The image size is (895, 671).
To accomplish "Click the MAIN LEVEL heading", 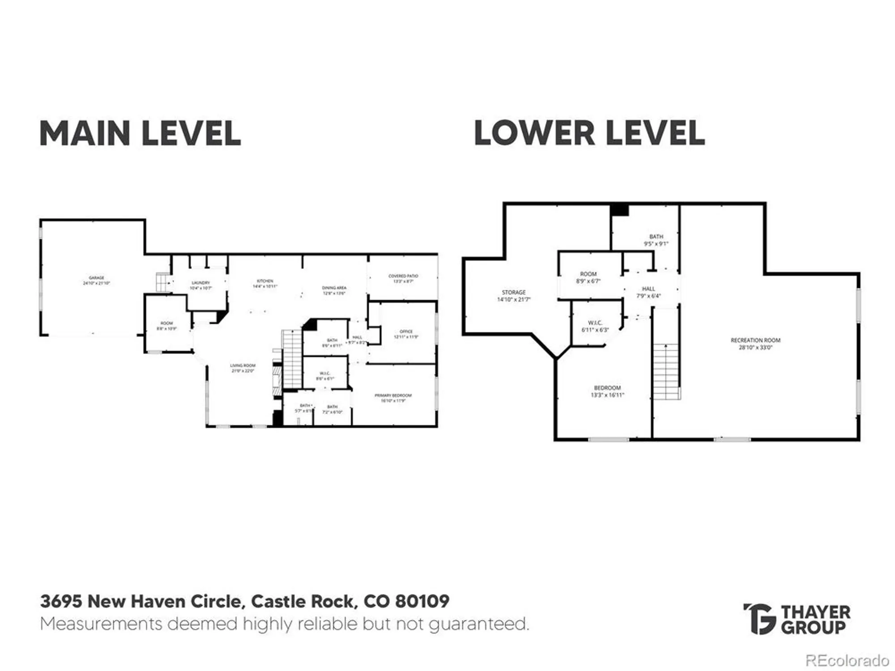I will point(140,133).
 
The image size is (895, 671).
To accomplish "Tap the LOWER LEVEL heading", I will point(589,133).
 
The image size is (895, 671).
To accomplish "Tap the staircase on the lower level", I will point(666,371).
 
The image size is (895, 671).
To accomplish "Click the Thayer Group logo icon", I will point(759,619).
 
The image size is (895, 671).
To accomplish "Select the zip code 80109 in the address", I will point(422,601).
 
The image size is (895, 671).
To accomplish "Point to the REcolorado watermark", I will point(847,660).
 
